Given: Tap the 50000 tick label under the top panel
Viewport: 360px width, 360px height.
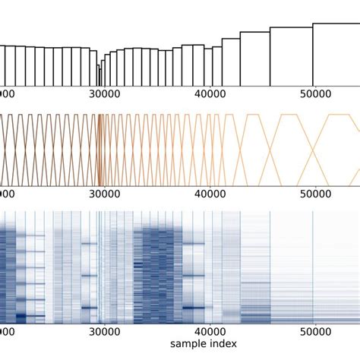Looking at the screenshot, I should pyautogui.click(x=314, y=93).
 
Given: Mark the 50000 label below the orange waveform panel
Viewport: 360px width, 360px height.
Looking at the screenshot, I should pyautogui.click(x=314, y=194).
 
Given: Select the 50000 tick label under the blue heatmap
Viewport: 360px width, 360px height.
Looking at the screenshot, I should pyautogui.click(x=314, y=331).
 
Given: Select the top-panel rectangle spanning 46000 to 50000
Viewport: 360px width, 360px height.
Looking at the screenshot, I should pyautogui.click(x=291, y=56).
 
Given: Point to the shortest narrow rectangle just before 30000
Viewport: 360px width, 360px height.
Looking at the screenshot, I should pyautogui.click(x=99, y=75).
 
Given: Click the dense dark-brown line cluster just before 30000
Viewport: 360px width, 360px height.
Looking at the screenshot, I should pyautogui.click(x=99, y=149).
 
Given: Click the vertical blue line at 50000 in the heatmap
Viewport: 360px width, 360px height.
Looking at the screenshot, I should pyautogui.click(x=314, y=266).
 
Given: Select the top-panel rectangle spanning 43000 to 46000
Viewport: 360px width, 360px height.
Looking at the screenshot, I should pyautogui.click(x=254, y=58).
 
